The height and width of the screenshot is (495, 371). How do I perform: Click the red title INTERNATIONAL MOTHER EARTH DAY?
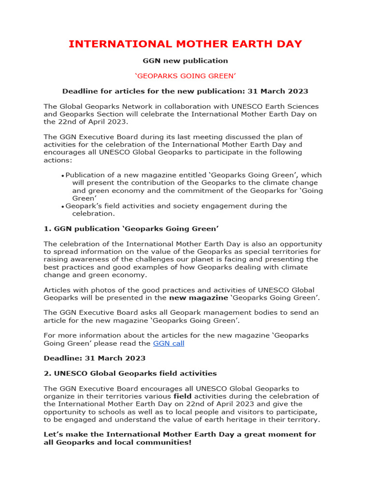(185, 44)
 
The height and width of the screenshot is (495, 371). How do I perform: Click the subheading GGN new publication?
(185, 61)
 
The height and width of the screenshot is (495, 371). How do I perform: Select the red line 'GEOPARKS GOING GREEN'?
(185, 76)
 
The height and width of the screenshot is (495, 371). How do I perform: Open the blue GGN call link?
(169, 344)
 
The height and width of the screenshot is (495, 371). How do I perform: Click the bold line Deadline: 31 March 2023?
(94, 358)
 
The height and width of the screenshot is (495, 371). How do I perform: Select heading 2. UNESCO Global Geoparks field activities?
(130, 374)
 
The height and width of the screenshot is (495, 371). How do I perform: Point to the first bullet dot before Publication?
(63, 176)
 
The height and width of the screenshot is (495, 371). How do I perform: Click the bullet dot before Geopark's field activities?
(63, 207)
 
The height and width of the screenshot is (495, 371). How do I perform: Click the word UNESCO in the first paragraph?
(224, 106)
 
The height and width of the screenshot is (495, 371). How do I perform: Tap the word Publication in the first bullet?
(88, 175)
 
